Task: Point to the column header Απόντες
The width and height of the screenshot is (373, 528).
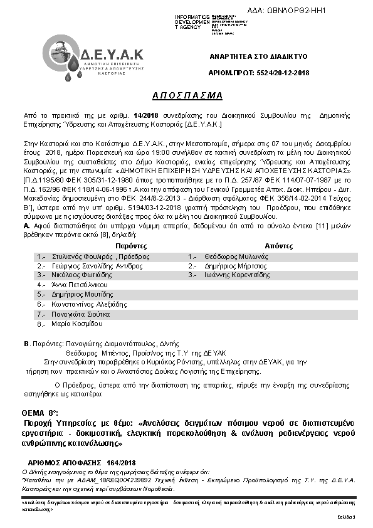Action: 277,246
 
